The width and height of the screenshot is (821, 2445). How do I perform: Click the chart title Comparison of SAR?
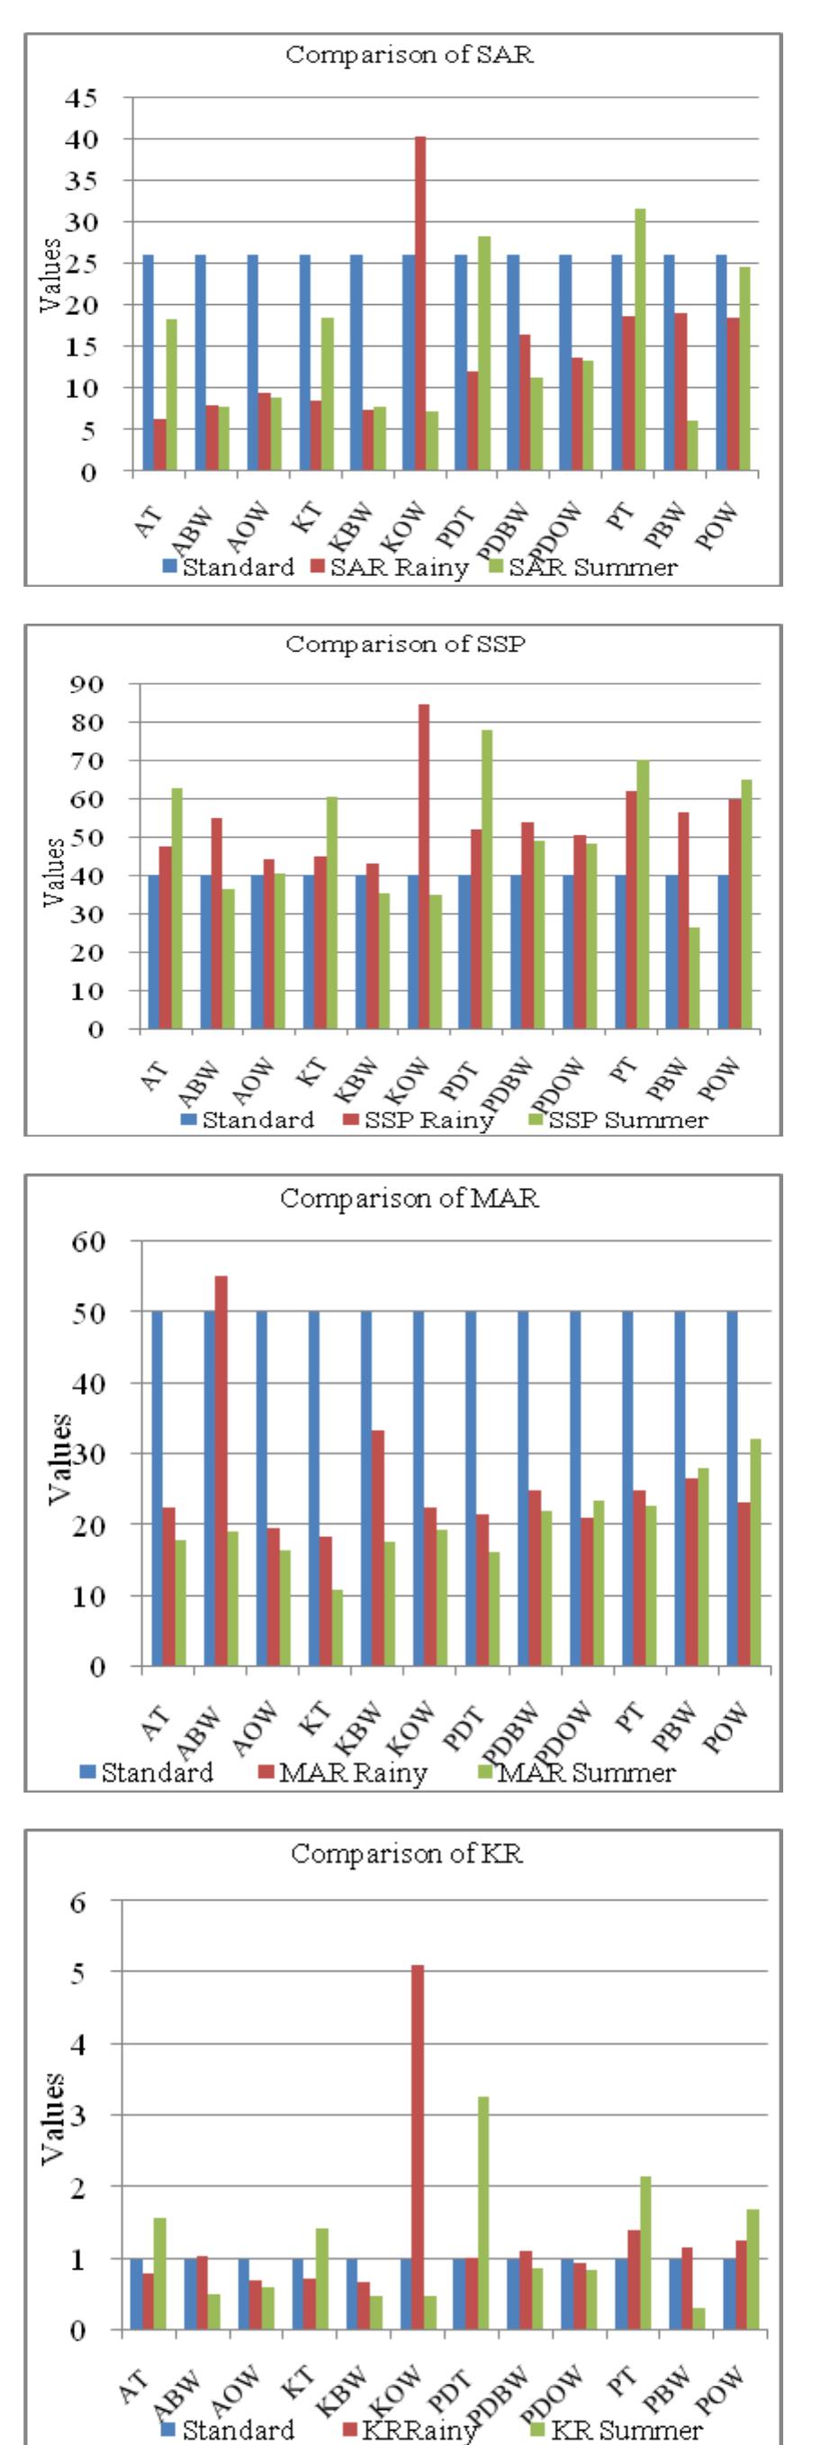pos(410,54)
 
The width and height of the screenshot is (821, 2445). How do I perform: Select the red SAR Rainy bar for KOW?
pos(420,304)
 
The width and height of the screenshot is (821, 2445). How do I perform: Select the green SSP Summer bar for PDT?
pos(487,879)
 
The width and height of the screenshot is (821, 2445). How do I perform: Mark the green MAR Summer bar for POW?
pos(755,1553)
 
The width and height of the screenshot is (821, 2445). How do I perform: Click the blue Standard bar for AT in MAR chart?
pos(157,1488)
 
